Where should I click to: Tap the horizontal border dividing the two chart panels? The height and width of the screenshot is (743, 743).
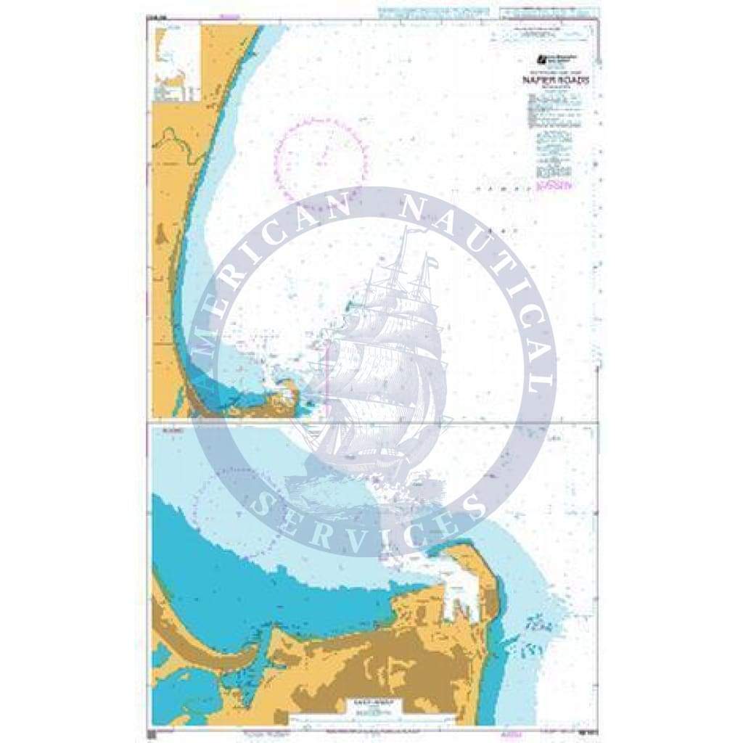click(374, 422)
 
